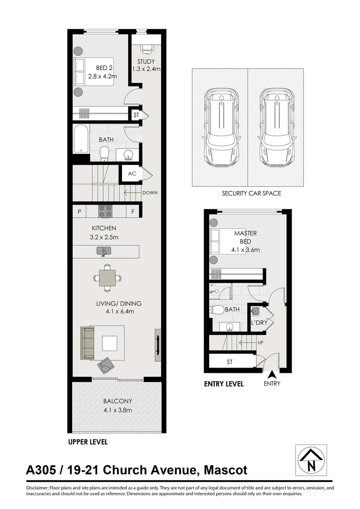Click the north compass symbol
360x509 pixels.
pyautogui.click(x=311, y=460)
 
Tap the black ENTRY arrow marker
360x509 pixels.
pyautogui.click(x=272, y=375)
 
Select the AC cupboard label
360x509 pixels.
pyautogui.click(x=132, y=173)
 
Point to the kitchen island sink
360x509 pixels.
pyautogui.click(x=104, y=251)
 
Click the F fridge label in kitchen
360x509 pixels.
pyautogui.click(x=133, y=212)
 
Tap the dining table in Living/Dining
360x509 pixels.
pyautogui.click(x=107, y=278)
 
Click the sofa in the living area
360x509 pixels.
pyautogui.click(x=88, y=343)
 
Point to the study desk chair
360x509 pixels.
pyautogui.click(x=147, y=48)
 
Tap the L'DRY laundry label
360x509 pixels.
pyautogui.click(x=259, y=323)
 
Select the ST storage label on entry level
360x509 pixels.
pyautogui.click(x=230, y=362)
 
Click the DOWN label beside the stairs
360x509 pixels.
pyautogui.click(x=150, y=192)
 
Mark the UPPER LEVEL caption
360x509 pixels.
pyautogui.click(x=88, y=442)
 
